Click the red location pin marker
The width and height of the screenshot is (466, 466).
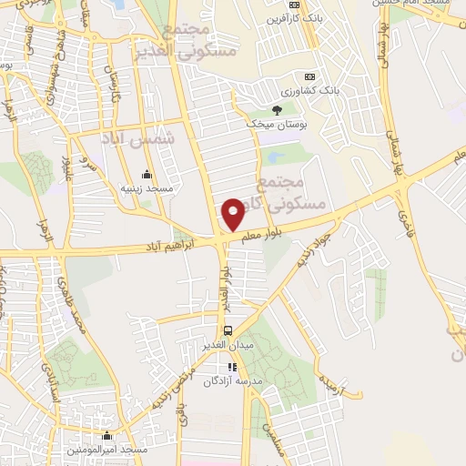[234, 213]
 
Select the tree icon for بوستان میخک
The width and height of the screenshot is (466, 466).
[277, 109]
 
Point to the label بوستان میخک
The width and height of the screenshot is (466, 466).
[277, 124]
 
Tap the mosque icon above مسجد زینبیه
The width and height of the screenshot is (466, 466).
[147, 174]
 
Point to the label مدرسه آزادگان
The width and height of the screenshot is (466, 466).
[232, 380]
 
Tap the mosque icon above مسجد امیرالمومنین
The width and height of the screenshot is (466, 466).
[107, 436]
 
